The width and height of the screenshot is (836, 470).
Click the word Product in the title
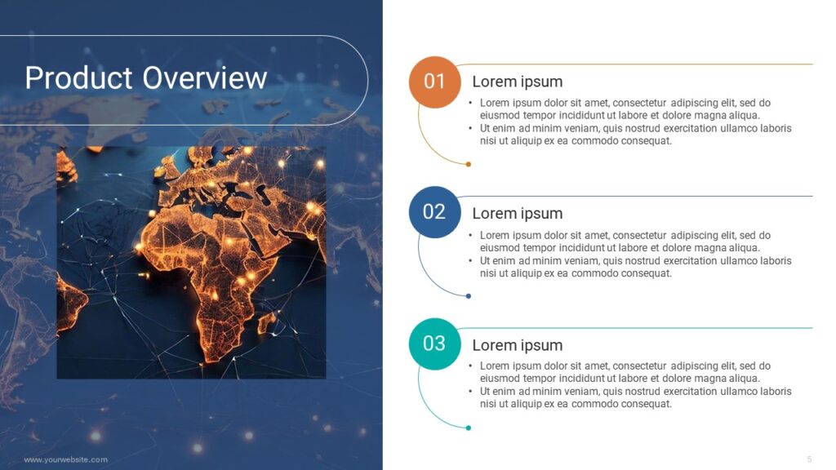78,78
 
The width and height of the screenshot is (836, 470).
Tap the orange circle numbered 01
434,82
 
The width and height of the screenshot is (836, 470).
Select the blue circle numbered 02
434,212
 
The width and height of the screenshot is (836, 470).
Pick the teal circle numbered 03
434,344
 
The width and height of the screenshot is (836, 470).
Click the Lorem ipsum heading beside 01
517,82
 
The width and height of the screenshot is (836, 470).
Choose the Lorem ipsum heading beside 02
517,214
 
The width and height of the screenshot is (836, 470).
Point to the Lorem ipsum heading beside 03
517,345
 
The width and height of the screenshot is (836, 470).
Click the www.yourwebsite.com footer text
65,460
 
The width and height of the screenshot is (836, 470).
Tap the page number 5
809,459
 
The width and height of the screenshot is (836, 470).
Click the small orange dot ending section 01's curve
468,164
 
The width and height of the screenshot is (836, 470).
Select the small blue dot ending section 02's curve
468,296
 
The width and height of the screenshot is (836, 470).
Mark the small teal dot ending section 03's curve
468,428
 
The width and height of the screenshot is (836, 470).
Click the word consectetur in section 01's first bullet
639,103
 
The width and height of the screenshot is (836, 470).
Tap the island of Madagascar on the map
267,323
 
